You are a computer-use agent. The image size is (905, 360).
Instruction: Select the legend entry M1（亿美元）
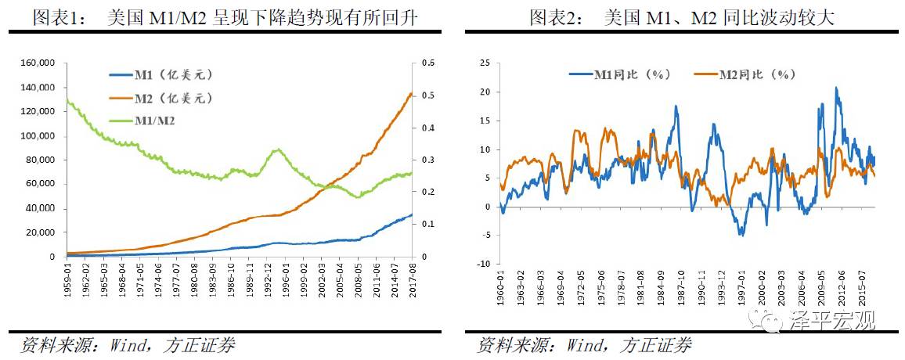coord(161,75)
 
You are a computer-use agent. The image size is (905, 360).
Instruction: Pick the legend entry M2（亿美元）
coord(161,98)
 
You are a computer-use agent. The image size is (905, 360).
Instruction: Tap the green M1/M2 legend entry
coord(153,121)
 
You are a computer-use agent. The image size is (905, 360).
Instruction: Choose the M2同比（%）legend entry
coord(745,74)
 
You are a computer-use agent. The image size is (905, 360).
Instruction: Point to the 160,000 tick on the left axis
coord(37,63)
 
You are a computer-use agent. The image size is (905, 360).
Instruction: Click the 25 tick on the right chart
coord(484,63)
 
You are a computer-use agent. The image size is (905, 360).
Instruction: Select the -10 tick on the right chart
coord(481,264)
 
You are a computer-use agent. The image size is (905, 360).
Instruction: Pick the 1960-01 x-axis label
coord(499,285)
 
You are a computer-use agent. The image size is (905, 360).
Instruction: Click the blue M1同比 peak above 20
coord(836,88)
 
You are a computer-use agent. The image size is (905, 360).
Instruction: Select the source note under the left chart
coord(128,345)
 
